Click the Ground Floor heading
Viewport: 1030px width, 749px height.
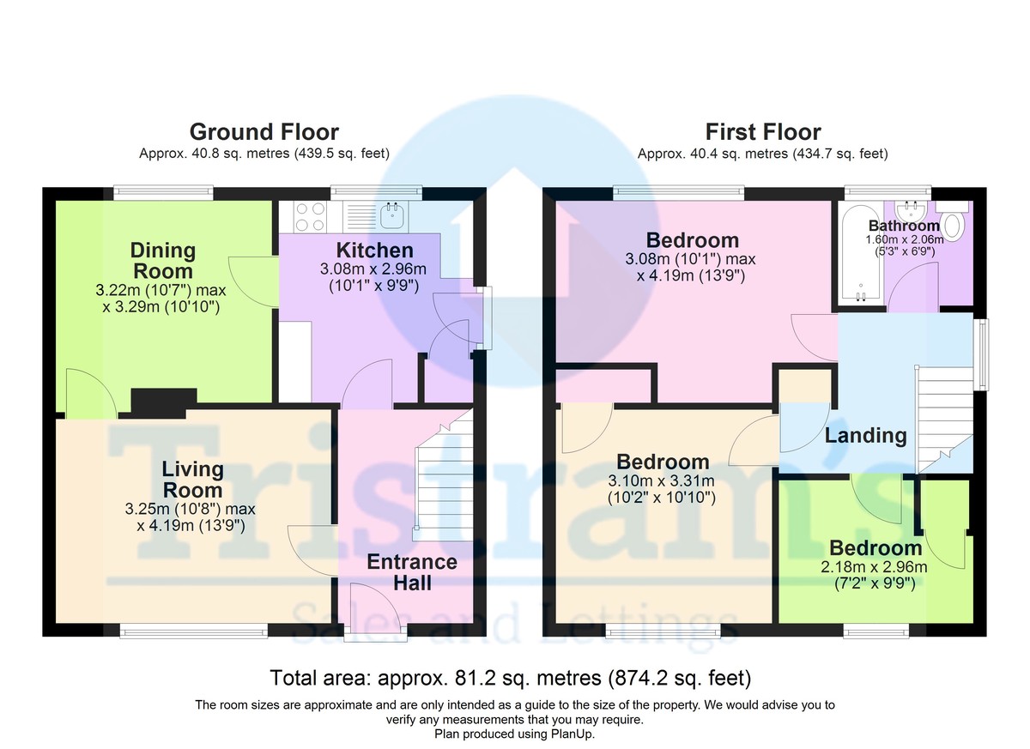[x=264, y=132]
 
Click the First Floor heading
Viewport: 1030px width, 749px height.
[x=763, y=132]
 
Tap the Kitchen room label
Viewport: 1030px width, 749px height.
[x=375, y=251]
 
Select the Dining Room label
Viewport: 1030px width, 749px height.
[x=163, y=261]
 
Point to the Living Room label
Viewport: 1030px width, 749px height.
[x=192, y=480]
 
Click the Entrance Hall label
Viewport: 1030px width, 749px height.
[x=412, y=572]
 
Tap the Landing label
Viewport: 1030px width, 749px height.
[x=865, y=436]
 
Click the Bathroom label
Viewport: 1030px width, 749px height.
[x=904, y=226]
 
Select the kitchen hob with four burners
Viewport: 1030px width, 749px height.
[x=310, y=216]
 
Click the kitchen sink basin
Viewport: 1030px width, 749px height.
[x=392, y=215]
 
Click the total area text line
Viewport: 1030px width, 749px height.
[x=511, y=679]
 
